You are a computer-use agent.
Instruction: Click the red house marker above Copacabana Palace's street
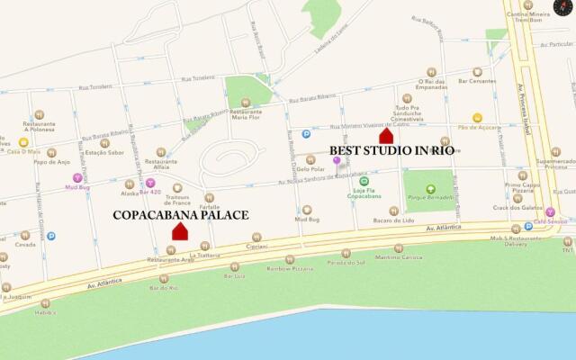tap(180, 231)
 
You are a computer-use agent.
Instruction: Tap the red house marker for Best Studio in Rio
tap(386, 136)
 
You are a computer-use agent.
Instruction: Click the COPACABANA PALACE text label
tap(180, 215)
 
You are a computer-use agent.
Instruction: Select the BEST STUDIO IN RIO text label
tap(391, 151)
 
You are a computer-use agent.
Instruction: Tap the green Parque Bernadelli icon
tap(430, 189)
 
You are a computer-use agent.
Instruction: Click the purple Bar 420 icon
tap(150, 183)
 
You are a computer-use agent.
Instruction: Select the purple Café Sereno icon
tap(550, 211)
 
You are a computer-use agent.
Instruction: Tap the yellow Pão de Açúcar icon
tap(477, 118)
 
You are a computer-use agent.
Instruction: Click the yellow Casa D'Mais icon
tap(23, 142)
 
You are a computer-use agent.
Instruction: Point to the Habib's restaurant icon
tap(45, 303)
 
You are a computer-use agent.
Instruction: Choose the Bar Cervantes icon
tap(477, 72)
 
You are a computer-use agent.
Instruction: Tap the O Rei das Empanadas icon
tap(432, 71)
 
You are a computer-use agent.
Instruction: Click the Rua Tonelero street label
tap(96, 86)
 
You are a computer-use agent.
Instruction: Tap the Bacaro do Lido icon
tap(395, 211)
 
